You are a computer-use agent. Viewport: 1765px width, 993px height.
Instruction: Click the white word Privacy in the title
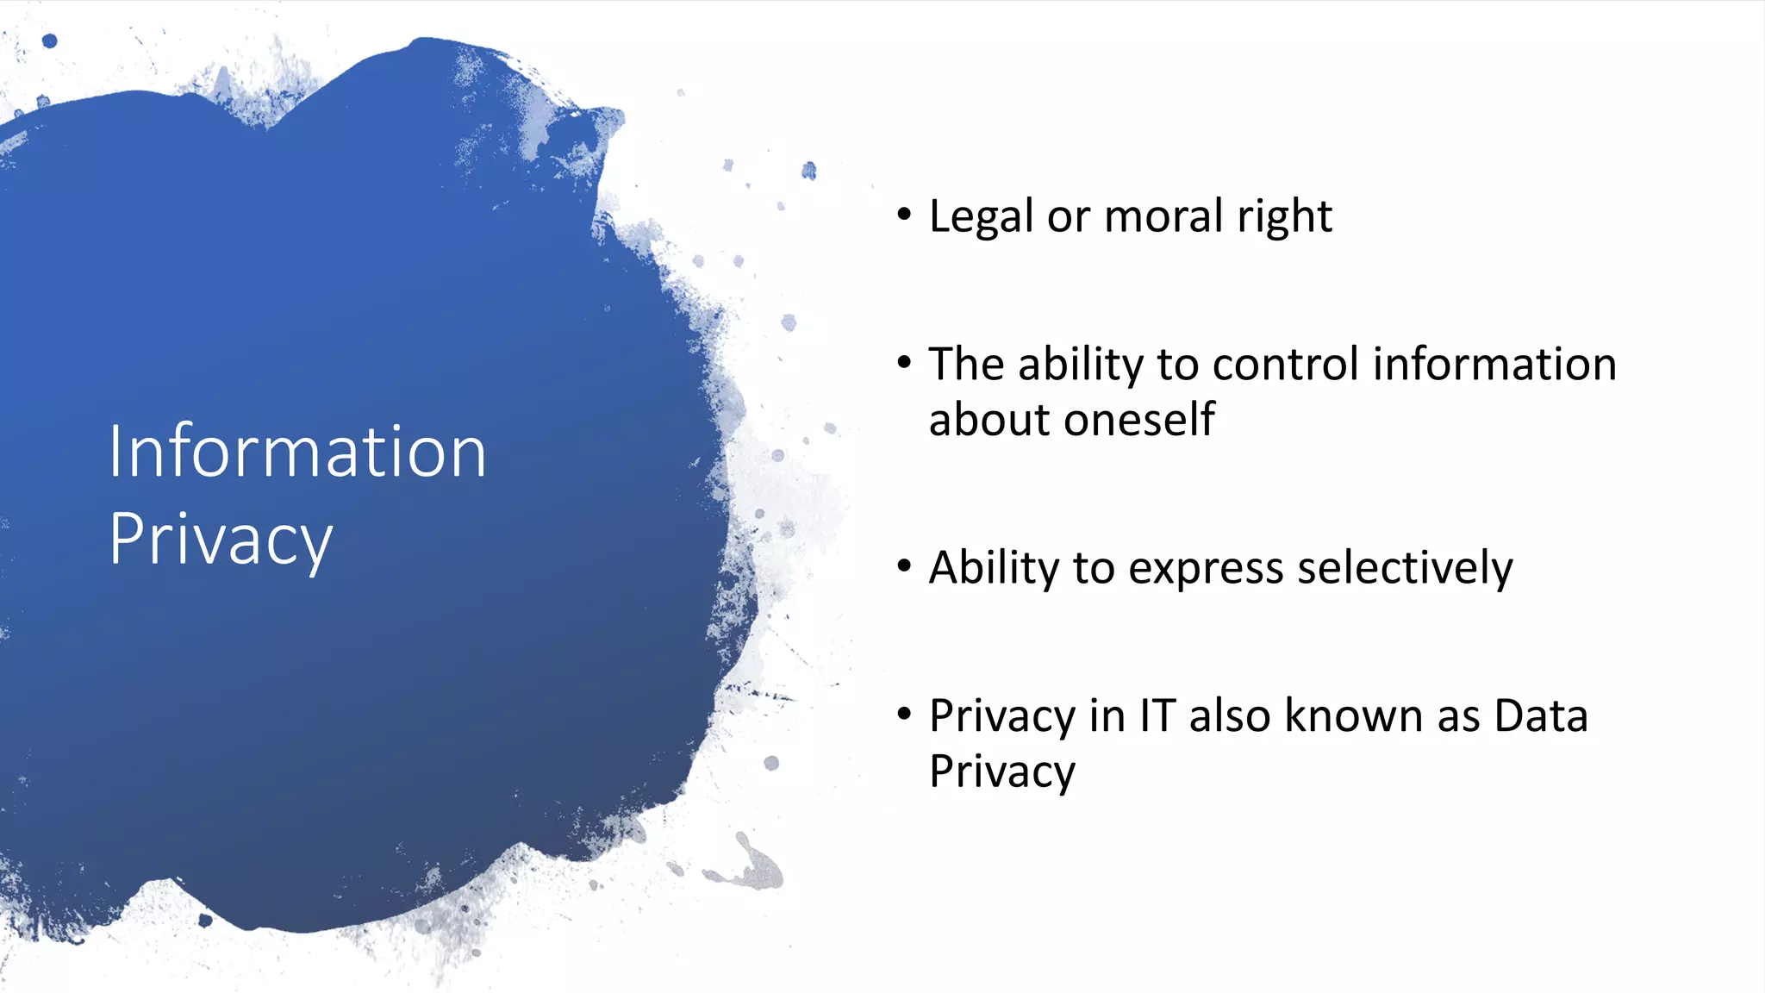(x=221, y=540)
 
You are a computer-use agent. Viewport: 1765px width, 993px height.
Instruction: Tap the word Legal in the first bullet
(x=980, y=216)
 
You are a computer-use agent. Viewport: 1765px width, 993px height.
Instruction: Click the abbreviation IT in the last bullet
(x=1157, y=716)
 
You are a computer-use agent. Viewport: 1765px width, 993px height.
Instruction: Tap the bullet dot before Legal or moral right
(x=903, y=215)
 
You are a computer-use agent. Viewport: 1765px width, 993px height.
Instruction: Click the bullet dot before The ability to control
(x=903, y=363)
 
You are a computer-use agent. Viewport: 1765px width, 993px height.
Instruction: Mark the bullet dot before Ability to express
(x=903, y=566)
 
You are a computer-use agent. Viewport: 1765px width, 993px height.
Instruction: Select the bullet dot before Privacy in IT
(x=903, y=715)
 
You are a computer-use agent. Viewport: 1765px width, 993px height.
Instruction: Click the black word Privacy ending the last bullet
(x=1001, y=772)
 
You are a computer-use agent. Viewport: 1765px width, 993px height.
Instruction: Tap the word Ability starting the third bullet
(x=994, y=569)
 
